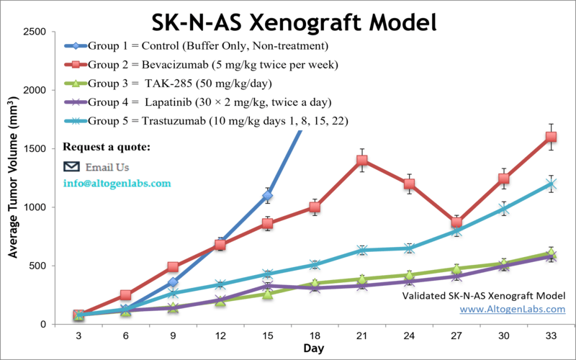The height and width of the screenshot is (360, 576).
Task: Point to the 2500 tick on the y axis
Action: click(35, 32)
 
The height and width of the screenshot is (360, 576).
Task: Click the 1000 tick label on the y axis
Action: click(35, 207)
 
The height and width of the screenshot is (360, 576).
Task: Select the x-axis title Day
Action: click(312, 348)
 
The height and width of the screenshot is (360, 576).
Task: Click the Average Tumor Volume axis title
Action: click(13, 180)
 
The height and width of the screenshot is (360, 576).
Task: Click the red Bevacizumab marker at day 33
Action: click(551, 137)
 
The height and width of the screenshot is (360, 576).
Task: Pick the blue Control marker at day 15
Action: click(267, 196)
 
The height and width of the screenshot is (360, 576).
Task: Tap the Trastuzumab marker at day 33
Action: click(551, 184)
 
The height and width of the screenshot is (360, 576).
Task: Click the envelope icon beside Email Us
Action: click(71, 166)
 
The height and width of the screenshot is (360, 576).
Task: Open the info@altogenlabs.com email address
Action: click(117, 184)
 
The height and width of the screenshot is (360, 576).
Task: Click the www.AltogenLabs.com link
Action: click(513, 309)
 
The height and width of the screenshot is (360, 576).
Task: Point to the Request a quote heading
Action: click(107, 148)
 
